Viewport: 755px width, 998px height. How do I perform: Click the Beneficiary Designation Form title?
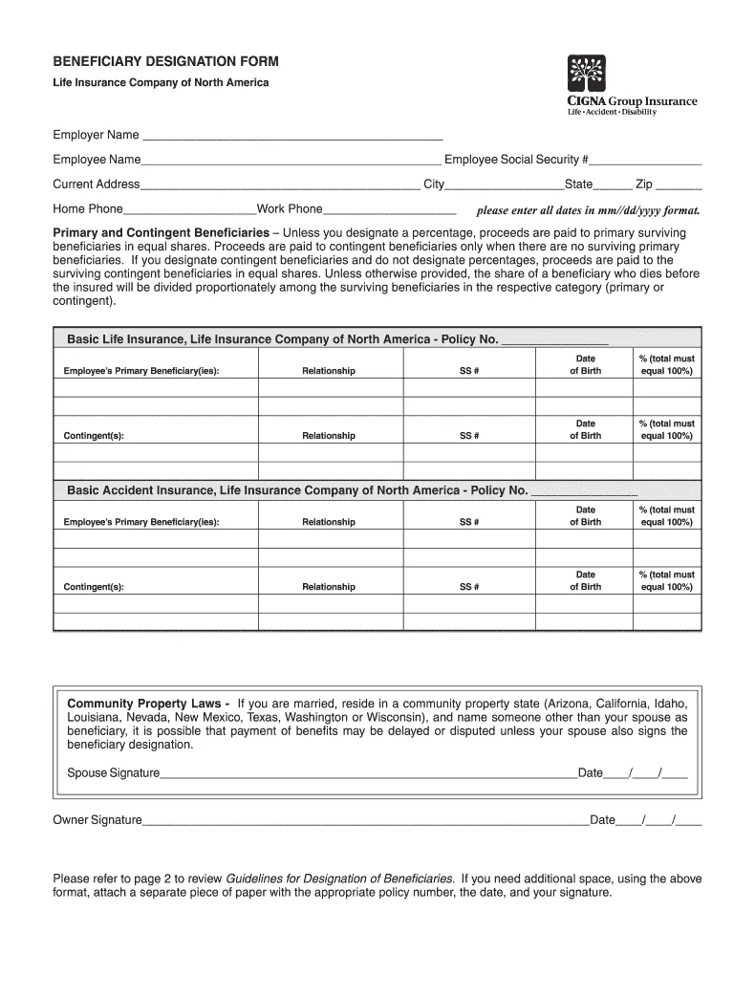coord(165,61)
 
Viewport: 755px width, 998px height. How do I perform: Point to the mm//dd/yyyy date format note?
coord(588,210)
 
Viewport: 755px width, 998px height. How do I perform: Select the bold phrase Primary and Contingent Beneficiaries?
coord(161,233)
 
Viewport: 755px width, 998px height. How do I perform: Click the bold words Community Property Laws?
coord(148,703)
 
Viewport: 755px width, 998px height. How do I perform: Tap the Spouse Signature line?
coord(368,774)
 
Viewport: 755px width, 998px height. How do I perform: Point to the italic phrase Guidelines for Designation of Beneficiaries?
coord(339,879)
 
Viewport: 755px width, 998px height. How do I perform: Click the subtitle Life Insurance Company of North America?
coord(161,82)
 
